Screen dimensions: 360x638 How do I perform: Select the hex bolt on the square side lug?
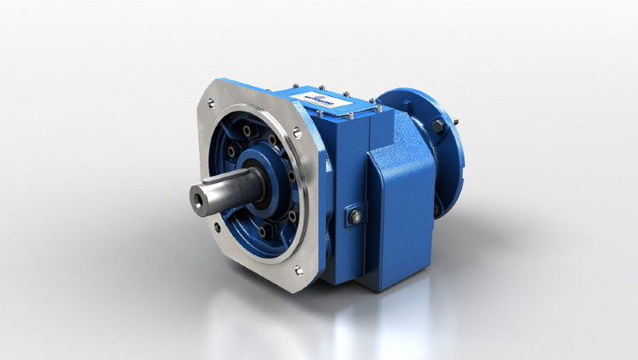click(355, 217)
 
